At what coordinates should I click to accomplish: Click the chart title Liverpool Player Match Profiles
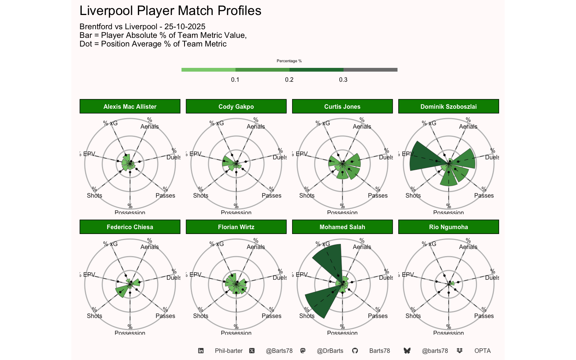click(x=170, y=11)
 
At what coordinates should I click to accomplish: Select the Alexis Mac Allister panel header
click(x=130, y=106)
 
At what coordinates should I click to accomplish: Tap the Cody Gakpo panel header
click(x=236, y=106)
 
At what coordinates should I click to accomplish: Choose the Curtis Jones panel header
click(x=342, y=106)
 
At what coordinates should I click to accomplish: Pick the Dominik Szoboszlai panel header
click(x=448, y=106)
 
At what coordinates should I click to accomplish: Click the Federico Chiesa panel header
click(x=130, y=227)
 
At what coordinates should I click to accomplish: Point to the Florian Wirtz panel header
click(x=236, y=227)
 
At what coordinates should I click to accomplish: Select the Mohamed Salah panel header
click(x=342, y=227)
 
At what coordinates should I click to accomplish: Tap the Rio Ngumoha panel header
click(x=448, y=227)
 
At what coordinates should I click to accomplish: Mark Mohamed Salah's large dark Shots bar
click(x=320, y=302)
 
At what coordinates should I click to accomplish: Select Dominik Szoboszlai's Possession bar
click(x=448, y=178)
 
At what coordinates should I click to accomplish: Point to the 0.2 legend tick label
click(x=289, y=79)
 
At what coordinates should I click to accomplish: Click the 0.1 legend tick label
click(x=235, y=79)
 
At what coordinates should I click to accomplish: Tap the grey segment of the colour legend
click(x=370, y=70)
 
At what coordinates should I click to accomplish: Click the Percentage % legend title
click(x=289, y=61)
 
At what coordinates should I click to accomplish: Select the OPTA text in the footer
click(x=482, y=351)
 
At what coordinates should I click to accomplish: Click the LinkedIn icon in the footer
click(x=201, y=351)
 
